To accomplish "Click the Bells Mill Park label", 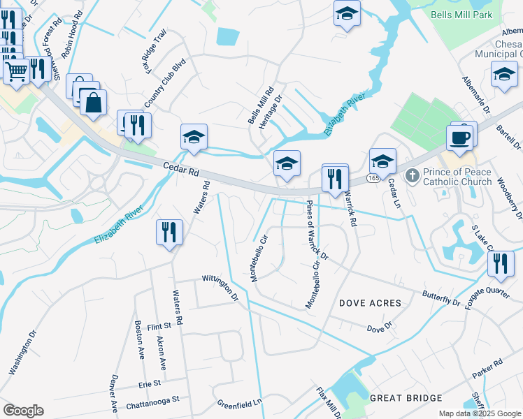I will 461,15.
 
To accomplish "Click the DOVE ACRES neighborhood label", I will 370,303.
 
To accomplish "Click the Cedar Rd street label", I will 181,170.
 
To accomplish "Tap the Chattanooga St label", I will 153,403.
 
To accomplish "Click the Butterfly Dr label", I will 441,297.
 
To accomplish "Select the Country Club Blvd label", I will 157,88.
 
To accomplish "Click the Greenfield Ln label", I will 238,403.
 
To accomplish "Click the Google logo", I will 23,411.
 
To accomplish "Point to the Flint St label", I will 159,326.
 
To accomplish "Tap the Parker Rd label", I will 487,369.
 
